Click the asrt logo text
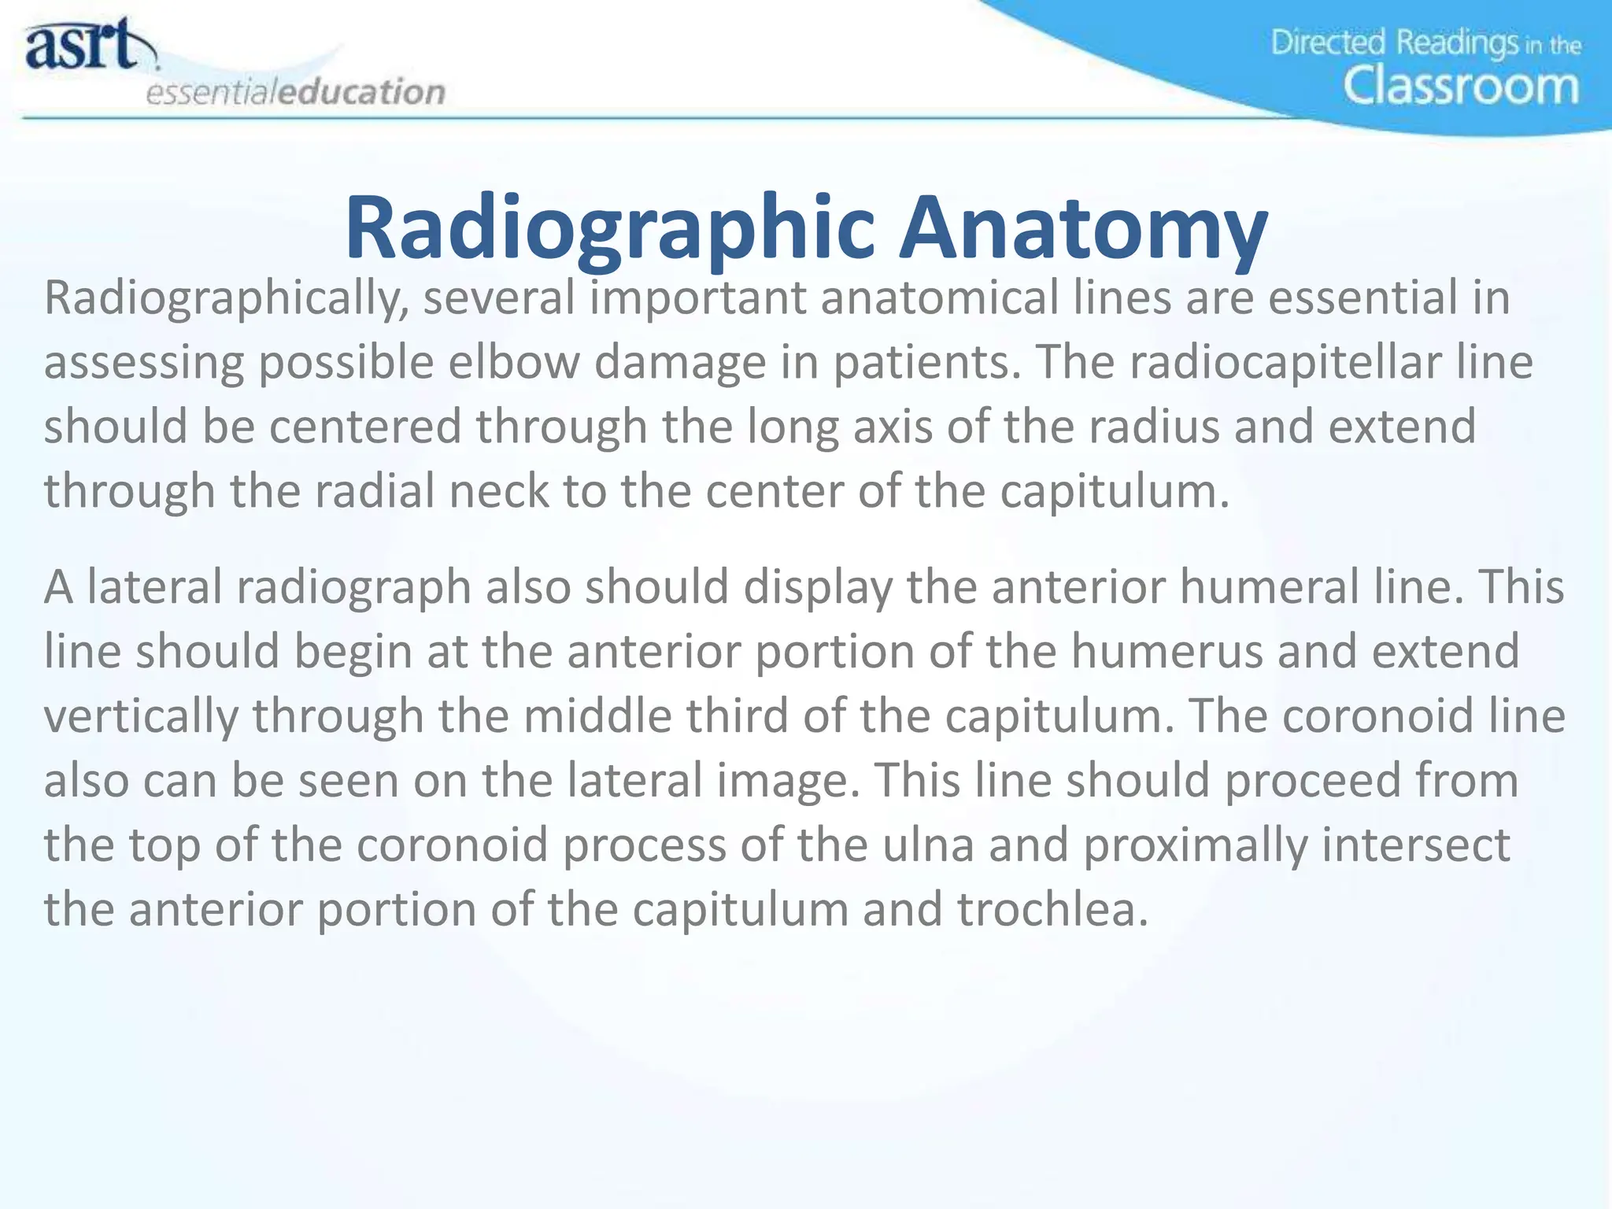83,46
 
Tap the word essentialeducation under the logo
295,92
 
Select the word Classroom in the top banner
1461,86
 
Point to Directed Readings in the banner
1393,42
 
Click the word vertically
140,717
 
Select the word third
737,717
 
